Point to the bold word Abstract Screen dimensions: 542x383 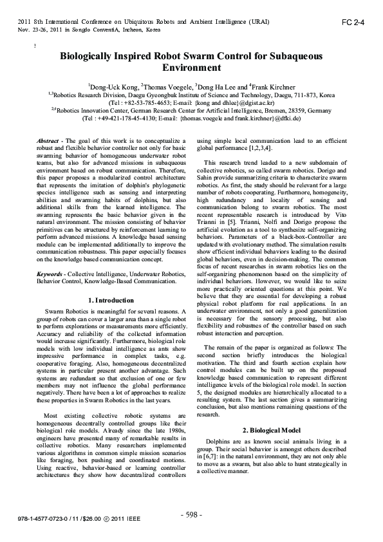click(48, 140)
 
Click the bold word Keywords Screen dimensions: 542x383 click(50, 274)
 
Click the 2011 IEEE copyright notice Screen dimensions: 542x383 click(154, 518)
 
